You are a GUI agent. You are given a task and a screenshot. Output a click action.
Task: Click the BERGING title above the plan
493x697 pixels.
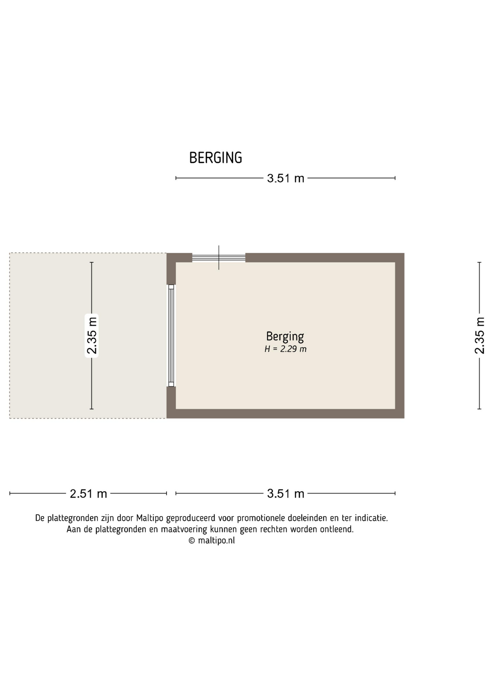[x=216, y=158]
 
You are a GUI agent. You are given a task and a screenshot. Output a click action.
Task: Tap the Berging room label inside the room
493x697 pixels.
[x=285, y=337]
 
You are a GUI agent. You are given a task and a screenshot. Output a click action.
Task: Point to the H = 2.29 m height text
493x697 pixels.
[x=285, y=349]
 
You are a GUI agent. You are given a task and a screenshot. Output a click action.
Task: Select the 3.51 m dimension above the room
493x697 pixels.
[x=286, y=178]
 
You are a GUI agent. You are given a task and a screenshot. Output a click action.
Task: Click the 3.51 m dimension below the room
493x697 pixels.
[x=286, y=494]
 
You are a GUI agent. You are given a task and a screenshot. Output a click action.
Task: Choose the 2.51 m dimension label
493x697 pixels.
[x=88, y=494]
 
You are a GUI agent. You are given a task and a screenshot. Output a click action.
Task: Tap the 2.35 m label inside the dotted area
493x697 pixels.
[x=92, y=335]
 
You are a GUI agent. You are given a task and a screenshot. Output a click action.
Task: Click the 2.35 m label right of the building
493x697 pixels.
[x=480, y=335]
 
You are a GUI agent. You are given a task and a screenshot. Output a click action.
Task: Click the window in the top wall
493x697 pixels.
[x=219, y=258]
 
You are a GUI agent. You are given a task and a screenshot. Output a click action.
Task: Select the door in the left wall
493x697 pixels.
[x=171, y=335]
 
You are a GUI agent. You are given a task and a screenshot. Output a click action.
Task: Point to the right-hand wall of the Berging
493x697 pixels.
[x=400, y=335]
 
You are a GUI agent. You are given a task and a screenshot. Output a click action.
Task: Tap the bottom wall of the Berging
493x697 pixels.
[x=285, y=414]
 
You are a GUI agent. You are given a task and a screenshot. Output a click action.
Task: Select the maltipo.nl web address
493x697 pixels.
[x=216, y=541]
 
